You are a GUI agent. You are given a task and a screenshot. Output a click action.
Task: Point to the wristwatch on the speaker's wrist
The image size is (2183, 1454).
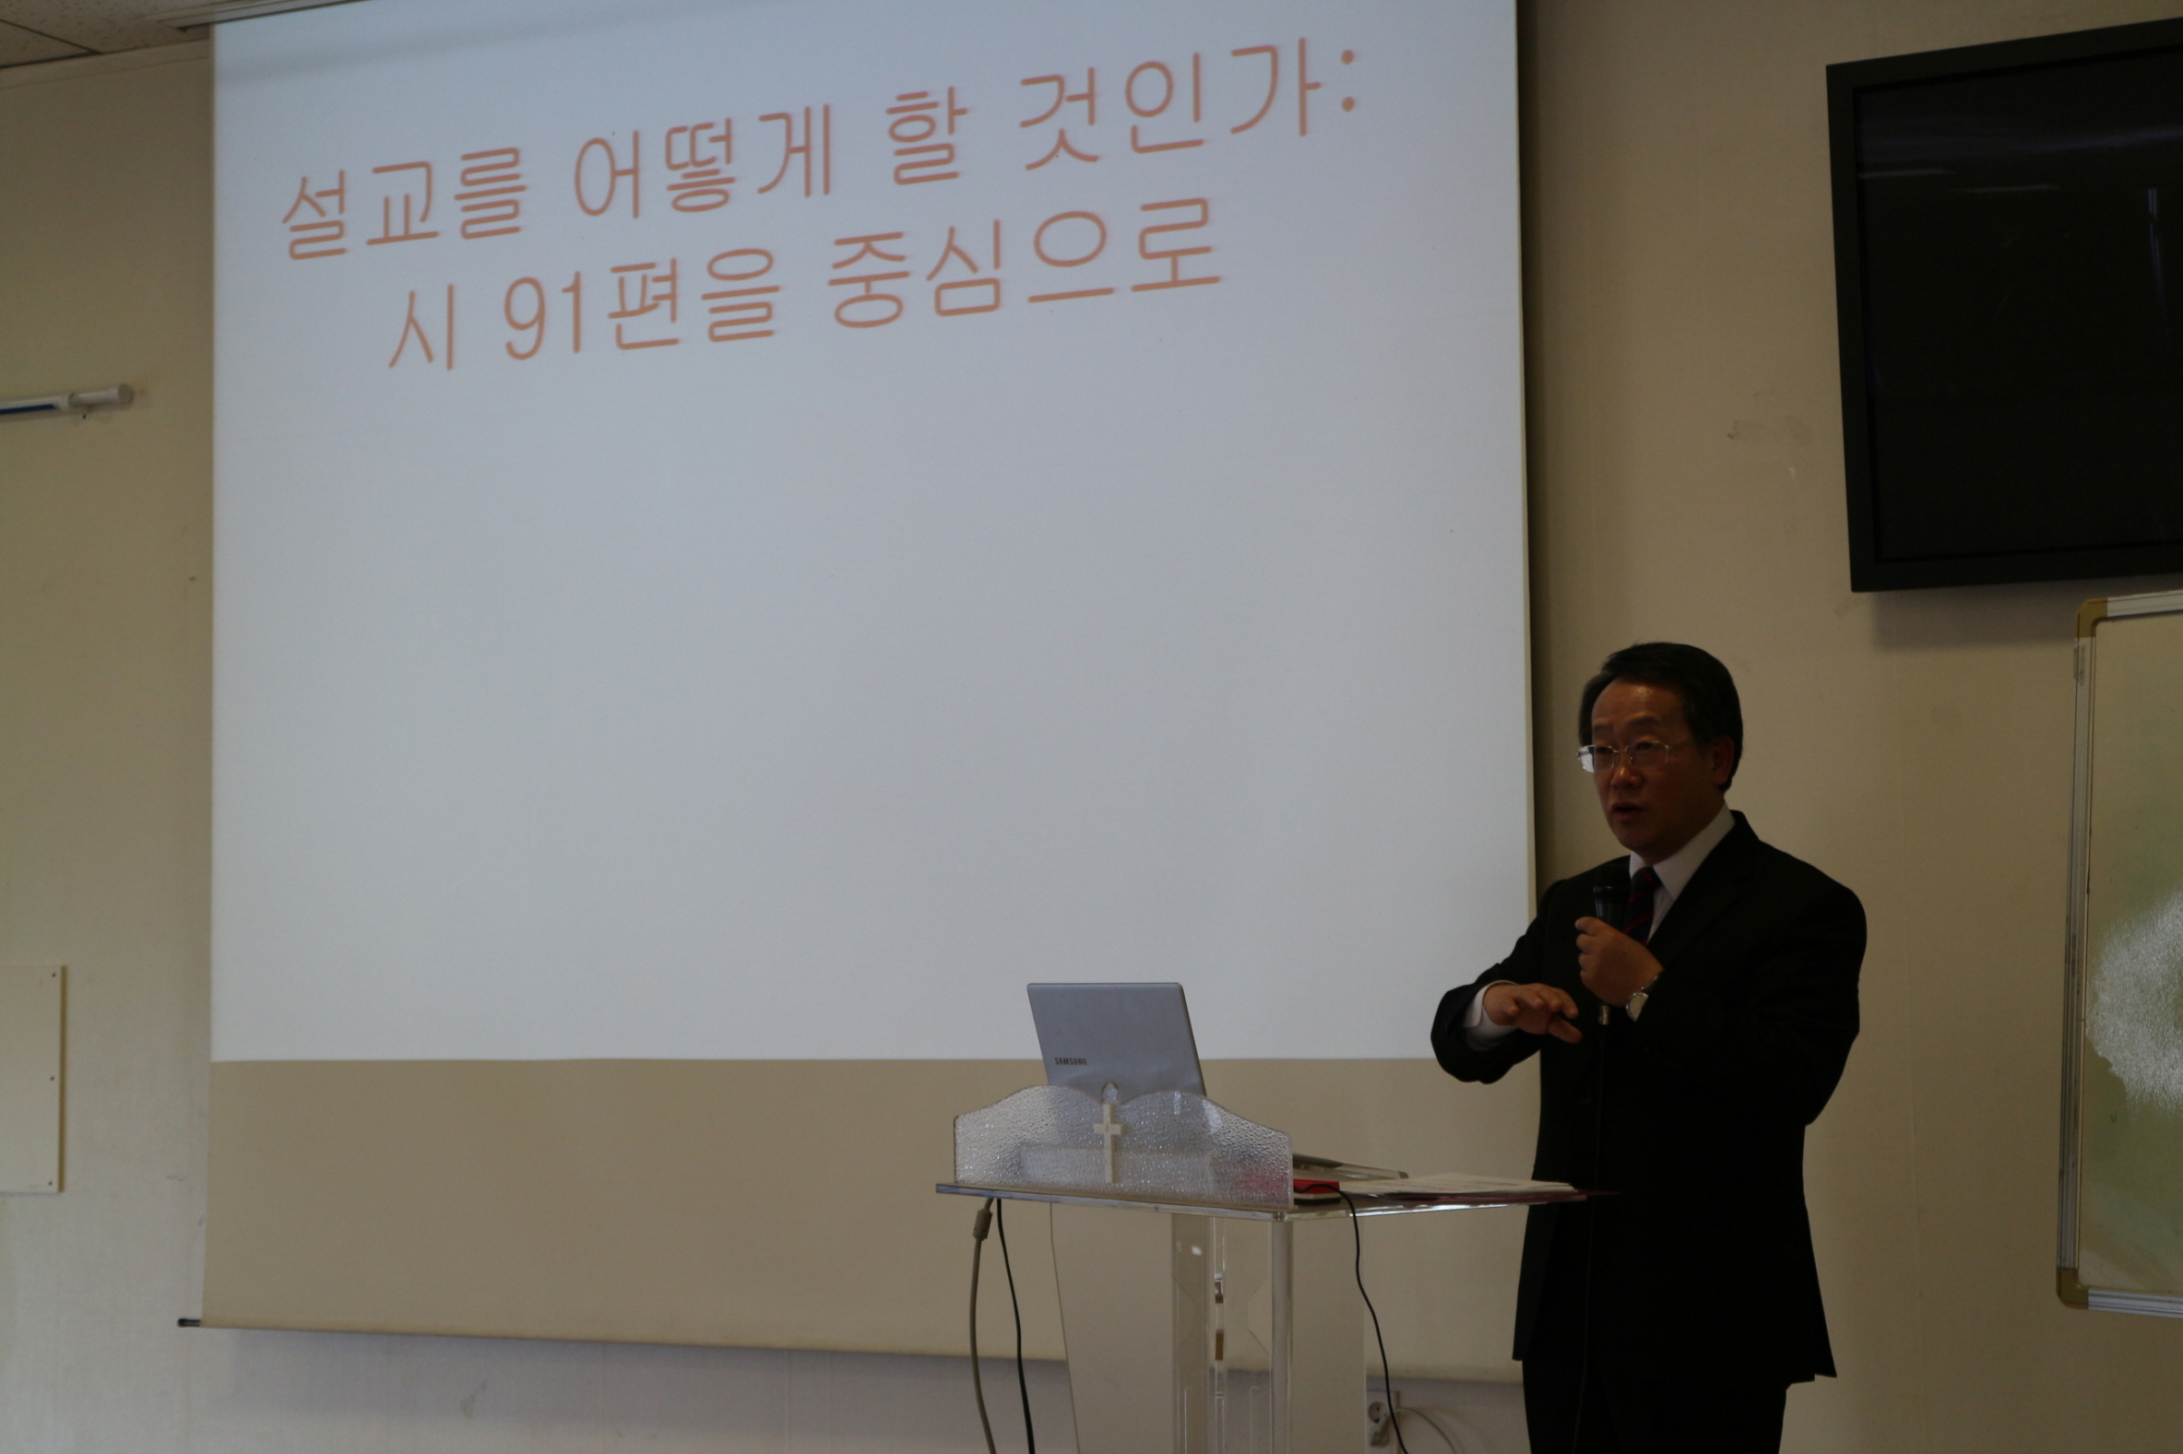click(x=1638, y=999)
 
